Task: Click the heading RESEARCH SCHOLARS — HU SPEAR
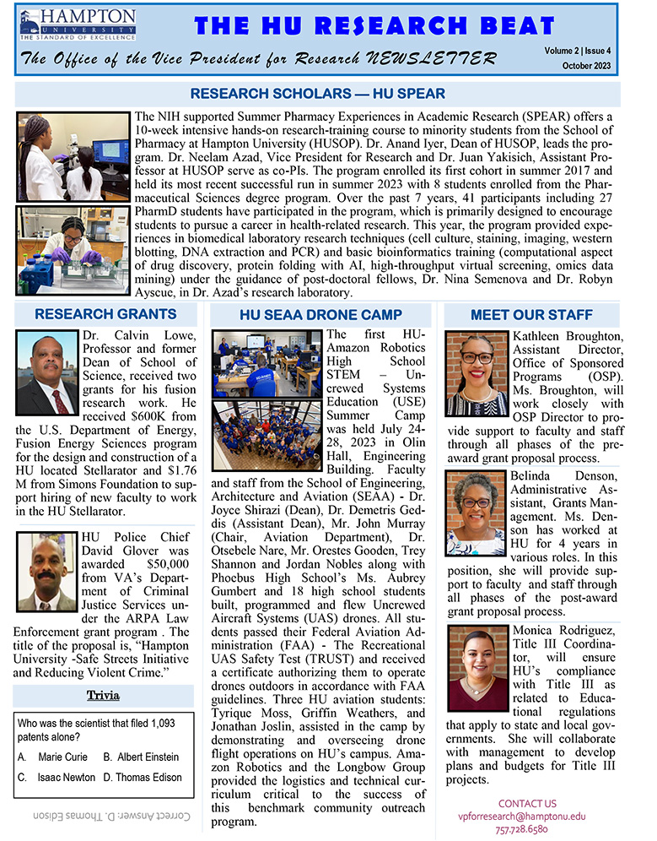318,93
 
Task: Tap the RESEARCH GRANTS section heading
105,315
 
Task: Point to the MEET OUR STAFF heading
530,315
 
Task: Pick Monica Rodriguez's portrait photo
478,668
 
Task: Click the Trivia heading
104,695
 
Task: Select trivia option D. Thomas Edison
143,777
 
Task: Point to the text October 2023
601,66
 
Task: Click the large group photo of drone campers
267,437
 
